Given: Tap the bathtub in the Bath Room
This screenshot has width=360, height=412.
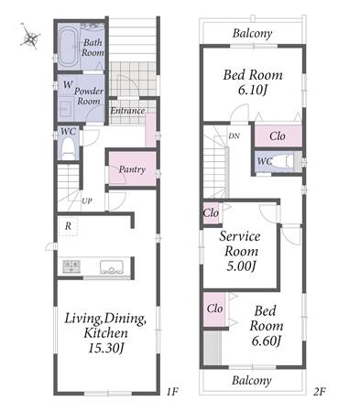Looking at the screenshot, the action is coord(68,48).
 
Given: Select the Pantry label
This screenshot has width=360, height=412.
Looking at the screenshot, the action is coord(132,169).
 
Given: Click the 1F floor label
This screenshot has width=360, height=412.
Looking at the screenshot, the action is coord(172,392).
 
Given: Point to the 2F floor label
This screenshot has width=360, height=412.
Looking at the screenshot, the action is coord(320,392).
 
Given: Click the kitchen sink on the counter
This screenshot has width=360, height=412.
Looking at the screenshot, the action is coord(112,267).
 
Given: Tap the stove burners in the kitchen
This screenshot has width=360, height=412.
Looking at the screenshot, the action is coord(71,266).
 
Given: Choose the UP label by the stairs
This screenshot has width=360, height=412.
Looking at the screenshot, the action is coord(87,201).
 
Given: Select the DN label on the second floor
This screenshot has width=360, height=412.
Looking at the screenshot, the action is coord(234,136).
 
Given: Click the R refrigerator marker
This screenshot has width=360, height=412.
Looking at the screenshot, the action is coord(68,226).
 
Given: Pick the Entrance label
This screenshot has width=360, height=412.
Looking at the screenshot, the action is coord(127,111).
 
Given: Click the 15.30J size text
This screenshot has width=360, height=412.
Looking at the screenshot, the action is coord(106,348).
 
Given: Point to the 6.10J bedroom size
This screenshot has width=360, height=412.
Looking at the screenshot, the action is coord(253,90).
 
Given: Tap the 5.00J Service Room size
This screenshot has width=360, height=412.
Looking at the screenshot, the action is coord(241,266).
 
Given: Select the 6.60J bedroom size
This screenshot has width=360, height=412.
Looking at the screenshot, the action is coord(266,341).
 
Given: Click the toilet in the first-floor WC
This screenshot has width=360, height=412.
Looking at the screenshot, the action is coord(68,150).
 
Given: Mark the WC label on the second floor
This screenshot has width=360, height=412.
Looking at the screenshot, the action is coord(265,161).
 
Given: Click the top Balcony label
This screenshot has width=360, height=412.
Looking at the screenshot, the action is coord(252,33).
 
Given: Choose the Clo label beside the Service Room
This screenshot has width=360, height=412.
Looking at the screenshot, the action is coord(211,212).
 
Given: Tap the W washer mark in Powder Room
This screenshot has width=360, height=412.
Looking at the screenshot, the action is coord(68,84).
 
